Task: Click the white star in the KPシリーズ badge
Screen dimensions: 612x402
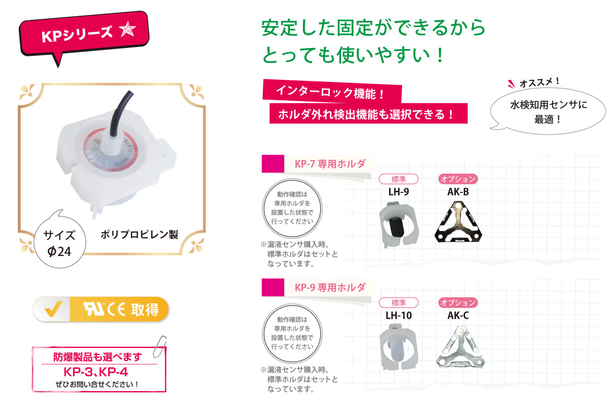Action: point(127,29)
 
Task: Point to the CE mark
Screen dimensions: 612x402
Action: point(116,310)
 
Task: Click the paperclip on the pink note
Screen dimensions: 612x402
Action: point(159,346)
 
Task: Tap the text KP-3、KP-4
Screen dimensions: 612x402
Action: point(96,372)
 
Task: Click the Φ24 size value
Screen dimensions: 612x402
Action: point(60,252)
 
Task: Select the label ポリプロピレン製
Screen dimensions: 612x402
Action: point(139,235)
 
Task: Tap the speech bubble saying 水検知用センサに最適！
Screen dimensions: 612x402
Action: point(548,112)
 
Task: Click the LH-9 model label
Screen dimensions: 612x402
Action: point(398,192)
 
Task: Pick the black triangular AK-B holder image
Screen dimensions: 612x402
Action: point(458,221)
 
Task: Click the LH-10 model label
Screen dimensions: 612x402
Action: point(398,315)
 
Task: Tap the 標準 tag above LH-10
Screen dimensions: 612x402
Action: point(398,302)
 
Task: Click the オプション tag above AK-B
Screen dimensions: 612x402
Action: point(458,179)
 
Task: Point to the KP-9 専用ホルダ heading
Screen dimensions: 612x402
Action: point(330,287)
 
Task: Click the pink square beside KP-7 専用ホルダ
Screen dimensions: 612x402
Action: point(273,164)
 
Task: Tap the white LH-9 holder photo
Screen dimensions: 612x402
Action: point(398,225)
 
